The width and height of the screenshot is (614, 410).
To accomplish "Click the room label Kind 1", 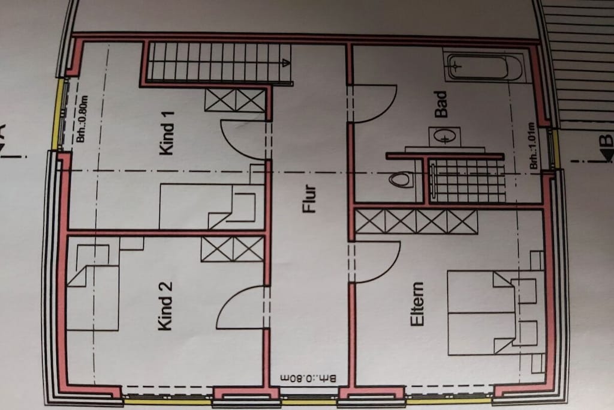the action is (x=167, y=133).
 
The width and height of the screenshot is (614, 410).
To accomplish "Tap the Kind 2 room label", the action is (x=165, y=306).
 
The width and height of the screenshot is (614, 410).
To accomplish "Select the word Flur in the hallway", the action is (x=309, y=199).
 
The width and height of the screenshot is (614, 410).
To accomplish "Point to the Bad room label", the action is (x=441, y=104).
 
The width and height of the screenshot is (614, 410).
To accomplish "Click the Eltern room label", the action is (x=417, y=304).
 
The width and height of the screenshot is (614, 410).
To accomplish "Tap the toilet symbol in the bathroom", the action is (x=401, y=179).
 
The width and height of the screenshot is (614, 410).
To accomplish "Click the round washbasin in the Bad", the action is (x=444, y=137).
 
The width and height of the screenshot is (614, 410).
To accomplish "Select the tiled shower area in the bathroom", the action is (x=467, y=180).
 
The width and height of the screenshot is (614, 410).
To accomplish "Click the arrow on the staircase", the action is (x=286, y=62).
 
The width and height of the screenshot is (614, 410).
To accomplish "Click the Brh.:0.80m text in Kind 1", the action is (x=82, y=119).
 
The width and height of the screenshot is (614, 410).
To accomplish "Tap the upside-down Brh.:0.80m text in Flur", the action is (x=308, y=379).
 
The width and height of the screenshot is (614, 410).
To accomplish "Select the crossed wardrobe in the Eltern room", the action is (x=416, y=222).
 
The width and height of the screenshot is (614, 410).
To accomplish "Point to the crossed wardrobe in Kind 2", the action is (x=233, y=249).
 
